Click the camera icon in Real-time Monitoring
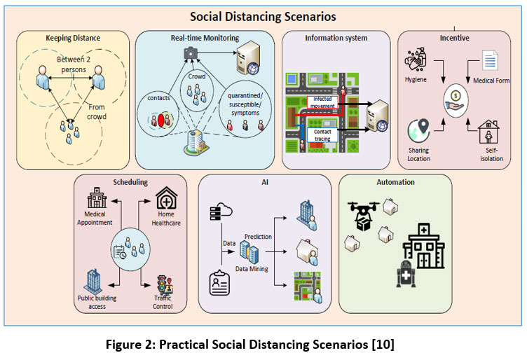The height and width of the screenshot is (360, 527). [x=191, y=53]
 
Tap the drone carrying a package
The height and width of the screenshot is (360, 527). [x=363, y=215]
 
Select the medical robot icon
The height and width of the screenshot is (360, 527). [x=406, y=274]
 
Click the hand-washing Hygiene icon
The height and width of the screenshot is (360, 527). [x=416, y=60]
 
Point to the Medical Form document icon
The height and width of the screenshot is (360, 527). [x=490, y=60]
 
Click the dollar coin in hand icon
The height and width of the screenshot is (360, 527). [x=456, y=101]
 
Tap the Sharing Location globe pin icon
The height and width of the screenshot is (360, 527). [x=419, y=131]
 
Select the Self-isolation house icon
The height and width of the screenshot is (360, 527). [x=488, y=132]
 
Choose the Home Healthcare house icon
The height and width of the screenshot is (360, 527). [x=166, y=198]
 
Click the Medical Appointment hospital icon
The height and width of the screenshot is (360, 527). [x=97, y=198]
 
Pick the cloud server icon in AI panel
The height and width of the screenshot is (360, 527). [x=221, y=212]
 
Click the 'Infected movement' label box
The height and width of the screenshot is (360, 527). [x=322, y=102]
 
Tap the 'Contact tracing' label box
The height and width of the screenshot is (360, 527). [x=322, y=135]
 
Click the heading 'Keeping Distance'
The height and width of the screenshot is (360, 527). [x=73, y=38]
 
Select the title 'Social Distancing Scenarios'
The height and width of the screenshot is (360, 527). [x=263, y=16]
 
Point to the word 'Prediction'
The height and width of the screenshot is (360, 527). [x=258, y=237]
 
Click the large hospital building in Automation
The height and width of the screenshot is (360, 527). [x=424, y=246]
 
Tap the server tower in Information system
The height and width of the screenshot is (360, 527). [x=377, y=116]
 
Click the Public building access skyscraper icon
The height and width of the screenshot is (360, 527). [x=93, y=281]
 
